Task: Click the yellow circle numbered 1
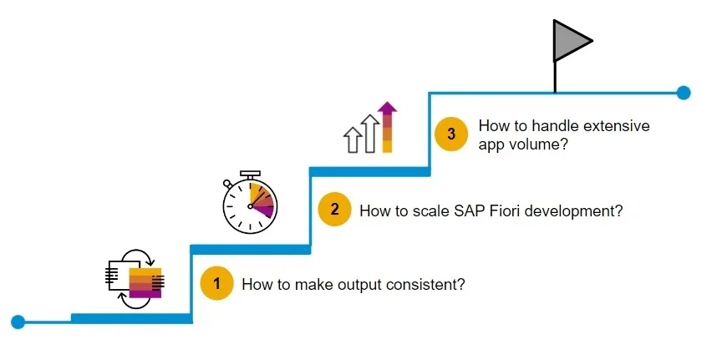click(x=216, y=283)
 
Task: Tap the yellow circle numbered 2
click(x=335, y=210)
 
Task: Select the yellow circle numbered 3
click(x=451, y=134)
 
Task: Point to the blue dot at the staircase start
click(x=18, y=322)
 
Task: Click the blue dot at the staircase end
click(x=684, y=93)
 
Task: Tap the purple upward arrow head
click(x=388, y=108)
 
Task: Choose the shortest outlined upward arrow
click(x=353, y=139)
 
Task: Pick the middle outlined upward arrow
click(x=370, y=133)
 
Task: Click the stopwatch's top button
click(x=250, y=174)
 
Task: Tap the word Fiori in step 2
click(x=503, y=210)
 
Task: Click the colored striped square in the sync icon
click(x=145, y=283)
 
